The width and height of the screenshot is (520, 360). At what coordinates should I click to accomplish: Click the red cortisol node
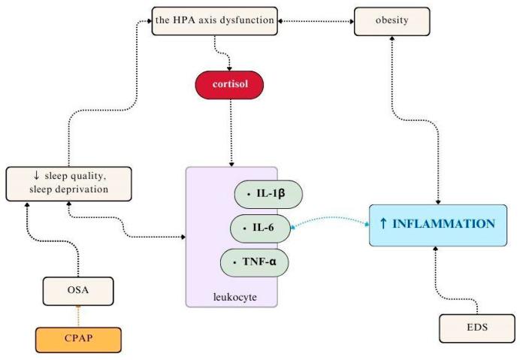(x=229, y=85)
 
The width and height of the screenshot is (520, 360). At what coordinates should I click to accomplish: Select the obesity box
(x=392, y=21)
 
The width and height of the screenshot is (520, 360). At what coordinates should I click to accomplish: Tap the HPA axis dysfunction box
(x=215, y=21)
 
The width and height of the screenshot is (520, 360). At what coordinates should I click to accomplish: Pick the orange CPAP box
(x=78, y=340)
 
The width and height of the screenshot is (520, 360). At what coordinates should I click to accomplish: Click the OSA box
(x=78, y=291)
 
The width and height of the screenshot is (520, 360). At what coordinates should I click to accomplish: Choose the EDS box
(x=477, y=328)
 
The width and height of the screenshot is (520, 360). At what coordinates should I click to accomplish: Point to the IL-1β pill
(x=268, y=195)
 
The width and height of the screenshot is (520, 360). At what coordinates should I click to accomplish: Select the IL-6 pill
(x=260, y=228)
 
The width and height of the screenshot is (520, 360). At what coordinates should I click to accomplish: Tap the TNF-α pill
(x=254, y=262)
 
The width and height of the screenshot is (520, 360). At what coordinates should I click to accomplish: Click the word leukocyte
(x=234, y=297)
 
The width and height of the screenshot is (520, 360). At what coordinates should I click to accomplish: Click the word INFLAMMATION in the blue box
(x=443, y=224)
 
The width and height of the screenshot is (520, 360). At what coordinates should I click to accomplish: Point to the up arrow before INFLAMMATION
(x=383, y=223)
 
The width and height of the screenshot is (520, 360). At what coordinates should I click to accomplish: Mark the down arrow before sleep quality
(x=36, y=175)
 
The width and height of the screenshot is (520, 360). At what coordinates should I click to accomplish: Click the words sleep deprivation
(x=68, y=189)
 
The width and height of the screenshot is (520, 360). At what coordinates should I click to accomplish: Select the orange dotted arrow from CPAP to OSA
(x=78, y=316)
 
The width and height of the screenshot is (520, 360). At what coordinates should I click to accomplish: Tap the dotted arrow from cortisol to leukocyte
(x=231, y=133)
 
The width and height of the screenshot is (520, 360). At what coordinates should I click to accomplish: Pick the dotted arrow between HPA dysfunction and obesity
(x=316, y=21)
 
